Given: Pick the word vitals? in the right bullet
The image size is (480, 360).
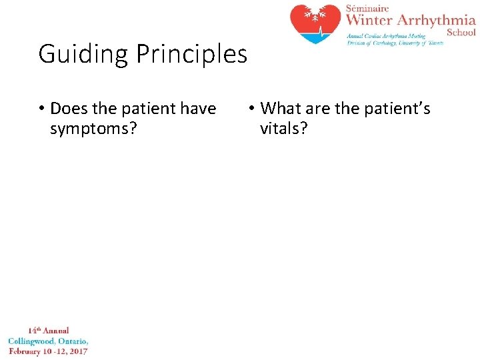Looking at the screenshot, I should coord(284,129).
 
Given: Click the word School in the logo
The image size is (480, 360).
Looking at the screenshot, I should coord(461,32).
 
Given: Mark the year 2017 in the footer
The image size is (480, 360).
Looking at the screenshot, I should coord(77,351).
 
